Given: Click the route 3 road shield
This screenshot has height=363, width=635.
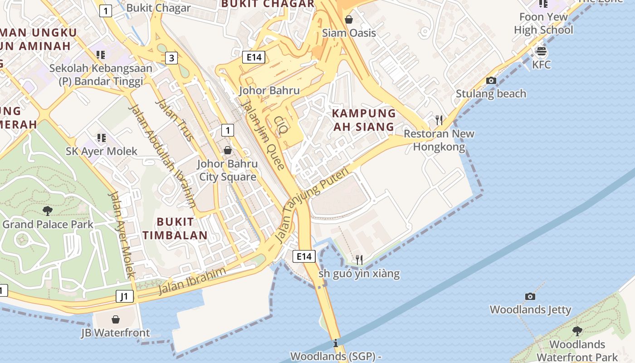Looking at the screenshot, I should point(171,58).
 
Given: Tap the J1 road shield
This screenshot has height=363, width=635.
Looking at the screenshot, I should point(125,297).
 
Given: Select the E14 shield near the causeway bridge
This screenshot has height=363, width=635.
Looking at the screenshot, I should point(303,256).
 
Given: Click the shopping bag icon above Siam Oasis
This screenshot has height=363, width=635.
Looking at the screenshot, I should point(349,20).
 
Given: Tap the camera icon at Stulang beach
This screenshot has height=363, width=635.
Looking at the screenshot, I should point(491,81).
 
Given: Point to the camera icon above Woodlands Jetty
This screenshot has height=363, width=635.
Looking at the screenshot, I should point(530,297).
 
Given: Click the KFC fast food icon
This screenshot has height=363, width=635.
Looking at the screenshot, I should point(541,51).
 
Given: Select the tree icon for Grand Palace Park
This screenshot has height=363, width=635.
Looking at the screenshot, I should point(47,211).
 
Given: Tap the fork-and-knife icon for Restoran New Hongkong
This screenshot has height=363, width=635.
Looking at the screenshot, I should point(439,120).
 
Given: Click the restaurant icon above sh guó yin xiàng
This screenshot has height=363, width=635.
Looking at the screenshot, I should point(359,260).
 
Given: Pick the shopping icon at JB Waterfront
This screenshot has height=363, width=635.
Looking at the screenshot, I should point(115,319).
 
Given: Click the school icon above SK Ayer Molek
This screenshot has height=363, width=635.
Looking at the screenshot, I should point(101,137).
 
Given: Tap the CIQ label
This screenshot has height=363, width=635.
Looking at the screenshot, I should point(281,125).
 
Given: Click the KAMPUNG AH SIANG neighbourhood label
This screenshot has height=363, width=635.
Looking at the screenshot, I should point(364,120).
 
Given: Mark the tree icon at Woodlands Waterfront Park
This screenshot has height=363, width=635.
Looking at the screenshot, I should point(577,331).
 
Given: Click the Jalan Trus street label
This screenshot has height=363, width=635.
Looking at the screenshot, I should point(175,120).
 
